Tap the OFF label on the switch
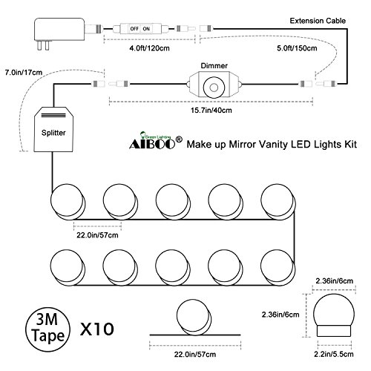click(x=134, y=29)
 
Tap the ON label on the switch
click(x=146, y=29)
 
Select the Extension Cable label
click(x=318, y=21)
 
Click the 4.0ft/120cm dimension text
click(x=149, y=48)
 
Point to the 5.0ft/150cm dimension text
click(x=297, y=48)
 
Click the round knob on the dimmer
click(x=214, y=88)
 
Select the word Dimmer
click(x=214, y=66)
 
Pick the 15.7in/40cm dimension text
click(x=211, y=110)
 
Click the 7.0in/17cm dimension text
click(x=24, y=73)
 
